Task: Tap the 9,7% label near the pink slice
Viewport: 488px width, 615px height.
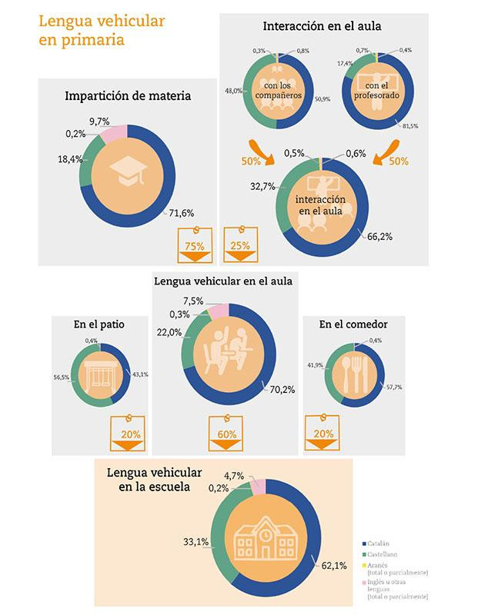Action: click(x=99, y=121)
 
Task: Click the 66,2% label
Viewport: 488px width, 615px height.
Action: click(x=378, y=237)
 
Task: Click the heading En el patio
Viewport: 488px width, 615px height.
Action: click(x=100, y=324)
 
